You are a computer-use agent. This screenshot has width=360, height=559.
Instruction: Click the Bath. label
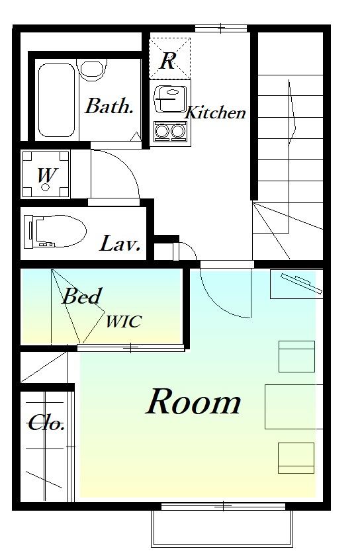[109, 106]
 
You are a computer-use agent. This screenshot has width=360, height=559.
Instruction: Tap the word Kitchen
[216, 112]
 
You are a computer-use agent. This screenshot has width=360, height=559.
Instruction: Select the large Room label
[193, 402]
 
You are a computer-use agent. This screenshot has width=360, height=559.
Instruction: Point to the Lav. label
[120, 243]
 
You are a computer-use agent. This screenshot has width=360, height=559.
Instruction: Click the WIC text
[124, 322]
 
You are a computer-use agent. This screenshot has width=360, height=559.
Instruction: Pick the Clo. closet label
[46, 423]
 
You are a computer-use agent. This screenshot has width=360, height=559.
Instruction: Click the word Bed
[81, 296]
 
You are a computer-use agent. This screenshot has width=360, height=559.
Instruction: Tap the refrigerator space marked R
[170, 58]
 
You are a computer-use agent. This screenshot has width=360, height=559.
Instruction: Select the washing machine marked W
[45, 175]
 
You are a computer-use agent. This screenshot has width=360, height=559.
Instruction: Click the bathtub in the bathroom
[57, 100]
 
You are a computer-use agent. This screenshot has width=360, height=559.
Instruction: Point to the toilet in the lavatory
[55, 232]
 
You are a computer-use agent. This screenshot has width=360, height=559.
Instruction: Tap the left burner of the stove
[162, 131]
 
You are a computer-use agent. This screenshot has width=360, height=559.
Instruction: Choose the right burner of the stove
[178, 131]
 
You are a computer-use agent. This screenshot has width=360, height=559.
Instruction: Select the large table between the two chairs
[294, 406]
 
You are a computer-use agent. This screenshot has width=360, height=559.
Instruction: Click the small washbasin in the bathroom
[92, 69]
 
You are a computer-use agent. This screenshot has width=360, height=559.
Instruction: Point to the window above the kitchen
[221, 28]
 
